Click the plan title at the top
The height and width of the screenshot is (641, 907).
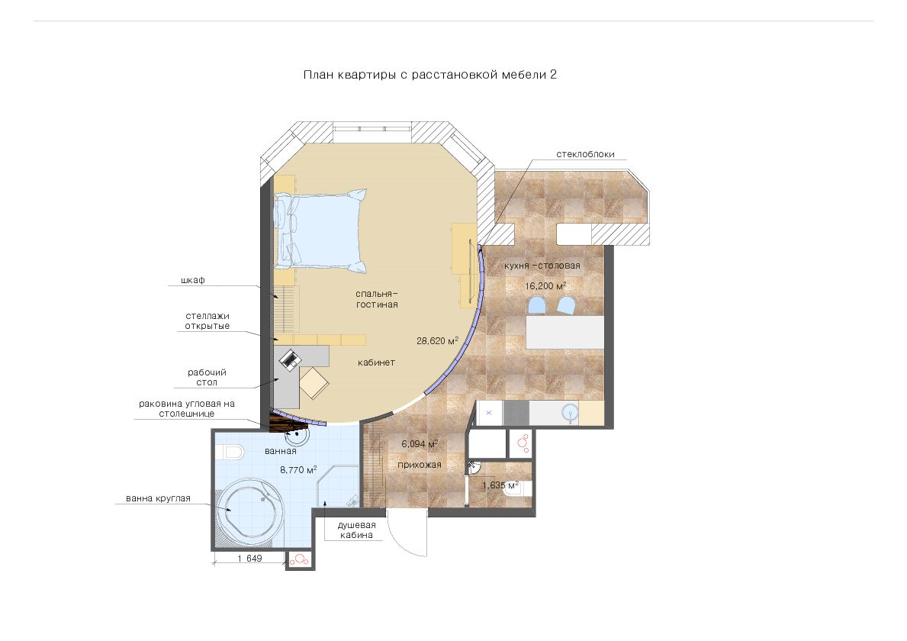click(429, 75)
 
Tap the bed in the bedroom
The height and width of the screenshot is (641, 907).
click(321, 230)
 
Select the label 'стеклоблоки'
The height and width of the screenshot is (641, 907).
click(585, 154)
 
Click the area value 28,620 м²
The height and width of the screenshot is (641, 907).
click(437, 341)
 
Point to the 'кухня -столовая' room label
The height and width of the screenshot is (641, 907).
click(542, 266)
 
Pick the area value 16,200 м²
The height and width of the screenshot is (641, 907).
click(545, 286)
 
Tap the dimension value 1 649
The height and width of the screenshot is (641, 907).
click(249, 559)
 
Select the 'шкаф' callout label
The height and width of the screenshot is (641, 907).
click(193, 280)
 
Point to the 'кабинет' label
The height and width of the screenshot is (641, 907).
click(376, 362)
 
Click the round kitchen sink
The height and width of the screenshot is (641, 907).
click(570, 413)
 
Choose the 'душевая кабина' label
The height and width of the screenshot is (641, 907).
click(357, 530)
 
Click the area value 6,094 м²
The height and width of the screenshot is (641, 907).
click(420, 444)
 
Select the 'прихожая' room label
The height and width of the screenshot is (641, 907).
click(420, 465)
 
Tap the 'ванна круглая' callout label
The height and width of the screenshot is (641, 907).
click(158, 498)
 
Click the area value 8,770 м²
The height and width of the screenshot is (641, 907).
click(298, 470)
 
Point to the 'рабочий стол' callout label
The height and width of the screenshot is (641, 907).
click(207, 377)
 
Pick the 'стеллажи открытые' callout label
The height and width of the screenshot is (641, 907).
click(207, 320)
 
